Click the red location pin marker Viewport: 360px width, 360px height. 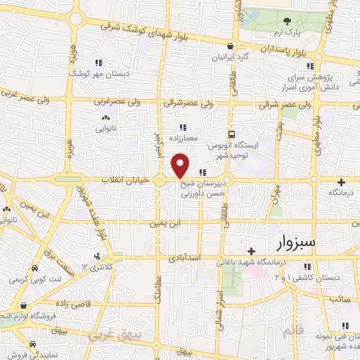coord(180,166)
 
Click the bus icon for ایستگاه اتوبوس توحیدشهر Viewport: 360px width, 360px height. coord(231,134)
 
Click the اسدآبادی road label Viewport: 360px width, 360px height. coord(185,258)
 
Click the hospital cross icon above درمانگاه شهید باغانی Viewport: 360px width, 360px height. coord(251,250)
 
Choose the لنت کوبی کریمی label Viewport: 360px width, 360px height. coord(34,280)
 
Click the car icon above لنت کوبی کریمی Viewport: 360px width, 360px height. coord(34,269)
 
